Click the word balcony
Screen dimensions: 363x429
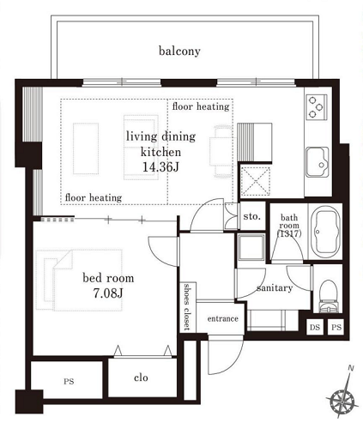click(x=179, y=51)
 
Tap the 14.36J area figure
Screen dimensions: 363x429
click(x=160, y=167)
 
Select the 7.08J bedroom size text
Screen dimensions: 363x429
click(x=108, y=293)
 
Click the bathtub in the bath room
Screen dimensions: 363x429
click(x=326, y=232)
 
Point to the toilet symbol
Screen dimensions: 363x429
click(x=328, y=296)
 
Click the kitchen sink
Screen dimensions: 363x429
click(x=318, y=162)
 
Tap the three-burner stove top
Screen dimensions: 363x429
click(x=316, y=107)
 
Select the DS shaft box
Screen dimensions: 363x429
click(x=315, y=327)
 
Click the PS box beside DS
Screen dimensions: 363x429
click(x=336, y=327)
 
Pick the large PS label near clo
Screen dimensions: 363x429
click(x=69, y=381)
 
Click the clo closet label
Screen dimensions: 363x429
click(x=141, y=378)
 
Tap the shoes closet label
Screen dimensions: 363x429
click(x=187, y=306)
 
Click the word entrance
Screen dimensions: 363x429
click(x=222, y=318)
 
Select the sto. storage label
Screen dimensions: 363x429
click(x=251, y=216)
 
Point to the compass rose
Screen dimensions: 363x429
click(x=342, y=396)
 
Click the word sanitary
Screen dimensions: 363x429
click(x=275, y=288)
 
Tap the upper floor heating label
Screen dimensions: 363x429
click(x=201, y=106)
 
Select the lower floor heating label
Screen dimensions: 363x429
click(x=94, y=197)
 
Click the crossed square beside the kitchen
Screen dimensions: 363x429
click(x=256, y=181)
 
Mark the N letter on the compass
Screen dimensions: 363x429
click(x=351, y=368)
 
